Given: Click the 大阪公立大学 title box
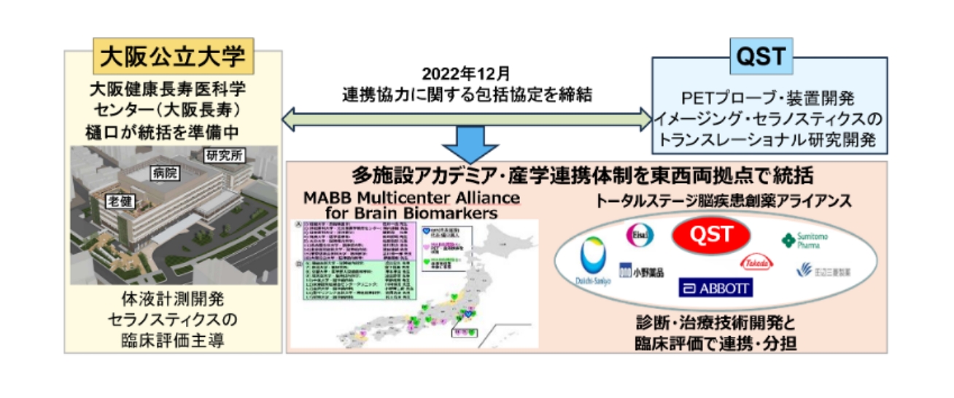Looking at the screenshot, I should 173,55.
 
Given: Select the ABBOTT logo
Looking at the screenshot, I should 715,287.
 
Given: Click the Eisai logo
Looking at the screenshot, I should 640,234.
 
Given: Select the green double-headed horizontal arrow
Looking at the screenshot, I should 467,117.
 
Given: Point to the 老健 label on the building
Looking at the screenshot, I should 116,200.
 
